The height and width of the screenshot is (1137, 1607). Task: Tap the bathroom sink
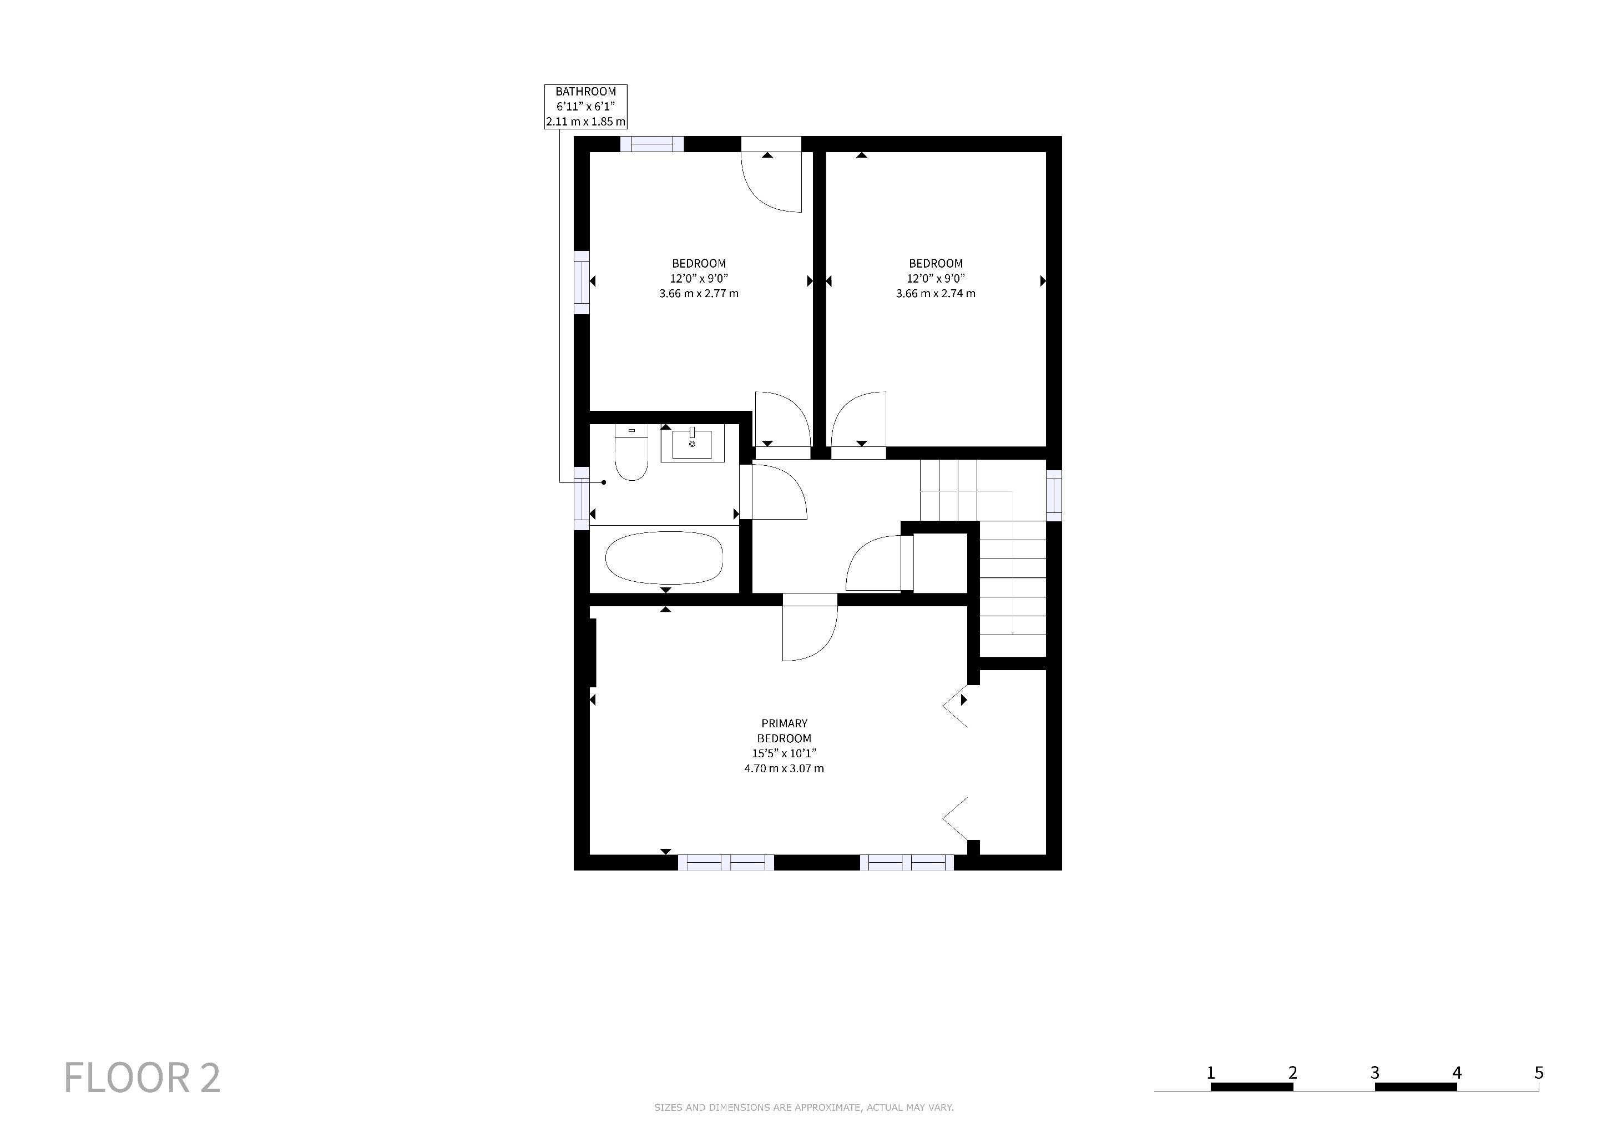(691, 444)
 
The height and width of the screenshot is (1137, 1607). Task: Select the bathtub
(664, 558)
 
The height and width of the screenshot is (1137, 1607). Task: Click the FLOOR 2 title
(142, 1078)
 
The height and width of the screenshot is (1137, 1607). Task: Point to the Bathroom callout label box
(586, 107)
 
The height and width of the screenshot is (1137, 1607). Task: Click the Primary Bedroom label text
(784, 731)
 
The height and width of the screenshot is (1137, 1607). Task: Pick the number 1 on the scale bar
(1211, 1073)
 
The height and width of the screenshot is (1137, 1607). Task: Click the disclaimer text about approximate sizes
(803, 1108)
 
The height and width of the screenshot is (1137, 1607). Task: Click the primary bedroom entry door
(810, 627)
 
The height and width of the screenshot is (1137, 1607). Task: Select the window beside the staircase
(1054, 496)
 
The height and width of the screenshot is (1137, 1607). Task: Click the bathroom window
(582, 499)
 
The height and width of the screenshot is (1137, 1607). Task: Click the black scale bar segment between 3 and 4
(1416, 1087)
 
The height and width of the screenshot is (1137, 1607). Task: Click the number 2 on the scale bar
(1293, 1073)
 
